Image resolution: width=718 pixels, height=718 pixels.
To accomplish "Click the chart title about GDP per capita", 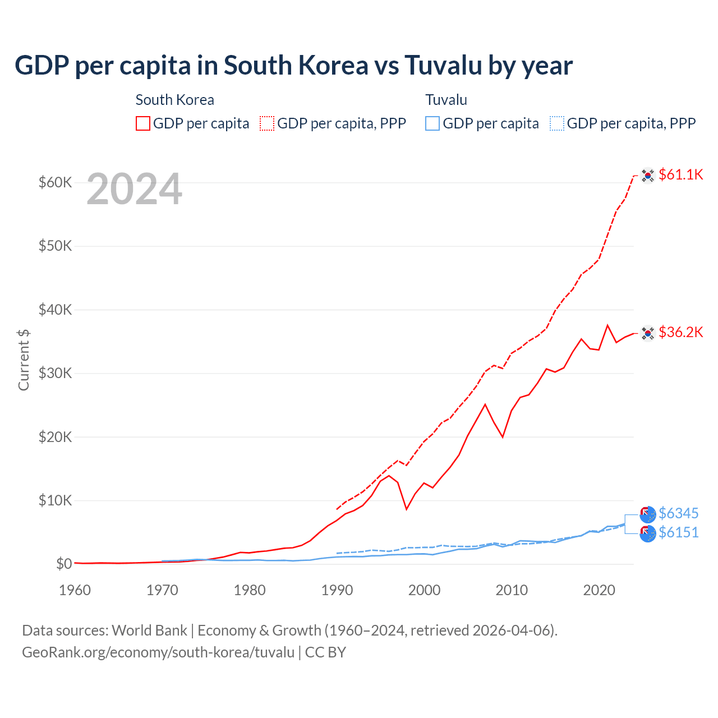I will coord(293,66).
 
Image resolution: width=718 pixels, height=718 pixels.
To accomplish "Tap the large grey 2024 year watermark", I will coord(134,190).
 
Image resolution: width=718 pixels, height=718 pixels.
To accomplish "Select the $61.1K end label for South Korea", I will coord(680,174).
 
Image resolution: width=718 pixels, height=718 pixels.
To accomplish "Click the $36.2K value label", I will coord(680,332).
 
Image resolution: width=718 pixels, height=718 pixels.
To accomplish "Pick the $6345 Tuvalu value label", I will coord(678,513).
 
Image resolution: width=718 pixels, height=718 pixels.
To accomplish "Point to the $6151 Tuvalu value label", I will coord(678,532).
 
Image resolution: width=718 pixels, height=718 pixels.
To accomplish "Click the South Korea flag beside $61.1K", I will coord(648,176).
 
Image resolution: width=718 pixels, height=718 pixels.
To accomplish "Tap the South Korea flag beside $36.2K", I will coord(648,333).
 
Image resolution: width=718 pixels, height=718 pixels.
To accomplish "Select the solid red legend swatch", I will coord(143,123).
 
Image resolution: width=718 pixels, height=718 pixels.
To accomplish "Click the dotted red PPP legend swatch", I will coord(267,123).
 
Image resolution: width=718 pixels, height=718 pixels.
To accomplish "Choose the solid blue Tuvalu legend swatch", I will coord(432,123).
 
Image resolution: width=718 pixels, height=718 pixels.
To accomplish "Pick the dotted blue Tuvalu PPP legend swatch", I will coord(557,123).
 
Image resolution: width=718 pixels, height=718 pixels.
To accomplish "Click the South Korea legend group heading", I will coord(174,100).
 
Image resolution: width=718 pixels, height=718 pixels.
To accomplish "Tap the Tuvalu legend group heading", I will coord(446,100).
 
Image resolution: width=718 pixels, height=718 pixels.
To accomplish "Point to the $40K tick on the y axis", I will coord(55,310).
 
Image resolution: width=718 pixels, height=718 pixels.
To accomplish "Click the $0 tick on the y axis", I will coord(64,564).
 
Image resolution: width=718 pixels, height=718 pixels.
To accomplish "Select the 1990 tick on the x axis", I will coord(337,590).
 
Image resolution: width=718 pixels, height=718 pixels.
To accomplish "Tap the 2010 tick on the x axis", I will coord(512,590).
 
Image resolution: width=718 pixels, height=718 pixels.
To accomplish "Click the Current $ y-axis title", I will coord(24,360).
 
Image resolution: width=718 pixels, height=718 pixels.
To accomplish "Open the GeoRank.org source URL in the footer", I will coord(158,652).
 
